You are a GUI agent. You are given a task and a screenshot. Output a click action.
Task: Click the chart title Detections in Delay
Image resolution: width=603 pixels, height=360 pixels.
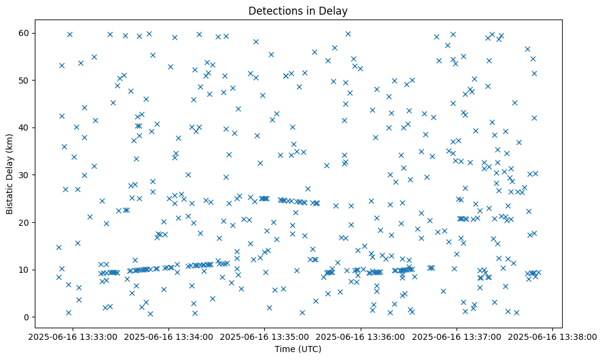(298, 11)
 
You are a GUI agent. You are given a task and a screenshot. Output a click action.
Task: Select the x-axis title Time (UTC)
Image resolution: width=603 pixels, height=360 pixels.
(298, 349)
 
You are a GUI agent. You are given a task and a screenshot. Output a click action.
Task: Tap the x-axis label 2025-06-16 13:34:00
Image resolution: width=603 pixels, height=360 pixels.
(169, 336)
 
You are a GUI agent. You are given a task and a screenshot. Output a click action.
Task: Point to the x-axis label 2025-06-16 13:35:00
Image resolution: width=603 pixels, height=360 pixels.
(265, 336)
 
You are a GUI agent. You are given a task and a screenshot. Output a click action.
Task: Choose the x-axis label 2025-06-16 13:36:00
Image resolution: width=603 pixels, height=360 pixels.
(361, 336)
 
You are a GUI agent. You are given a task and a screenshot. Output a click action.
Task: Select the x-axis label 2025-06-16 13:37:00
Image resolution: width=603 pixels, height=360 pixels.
(457, 336)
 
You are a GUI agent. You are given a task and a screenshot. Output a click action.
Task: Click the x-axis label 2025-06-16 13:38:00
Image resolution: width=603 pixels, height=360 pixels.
(553, 336)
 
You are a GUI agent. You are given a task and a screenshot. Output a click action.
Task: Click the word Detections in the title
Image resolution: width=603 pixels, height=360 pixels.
(272, 11)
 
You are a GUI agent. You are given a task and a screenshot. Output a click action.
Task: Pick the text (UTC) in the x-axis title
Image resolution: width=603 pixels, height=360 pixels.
(310, 349)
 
